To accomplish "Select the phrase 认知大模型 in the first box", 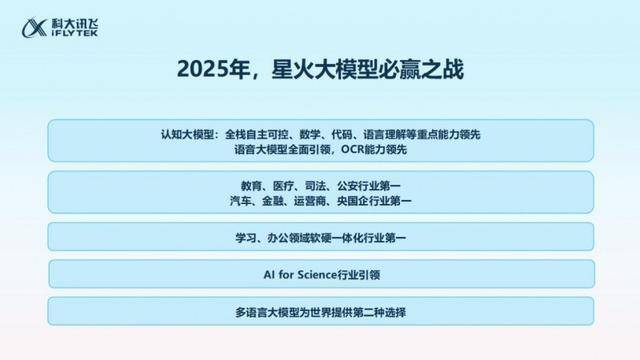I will click(188, 134).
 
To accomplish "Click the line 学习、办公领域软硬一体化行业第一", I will click(320, 238).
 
